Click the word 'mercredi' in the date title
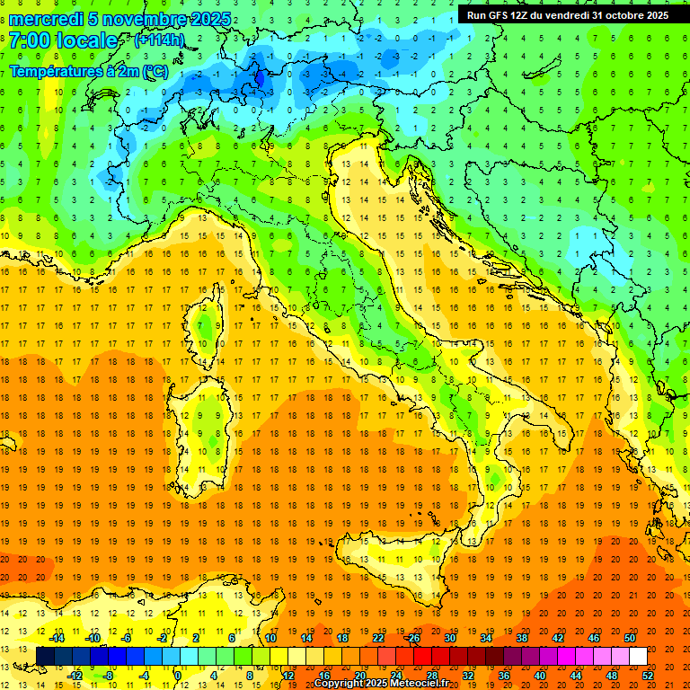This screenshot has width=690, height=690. click(x=44, y=19)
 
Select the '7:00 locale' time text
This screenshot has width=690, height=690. click(x=64, y=40)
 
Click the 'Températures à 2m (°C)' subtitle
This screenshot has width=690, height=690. click(x=88, y=71)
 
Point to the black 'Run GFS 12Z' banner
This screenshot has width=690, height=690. click(x=567, y=14)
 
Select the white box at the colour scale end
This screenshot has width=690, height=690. click(x=638, y=657)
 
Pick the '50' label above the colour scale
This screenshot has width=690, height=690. click(x=630, y=638)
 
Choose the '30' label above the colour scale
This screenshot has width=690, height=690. click(x=449, y=638)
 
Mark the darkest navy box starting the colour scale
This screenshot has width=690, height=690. click(x=45, y=657)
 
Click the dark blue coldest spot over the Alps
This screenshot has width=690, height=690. click(x=260, y=79)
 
